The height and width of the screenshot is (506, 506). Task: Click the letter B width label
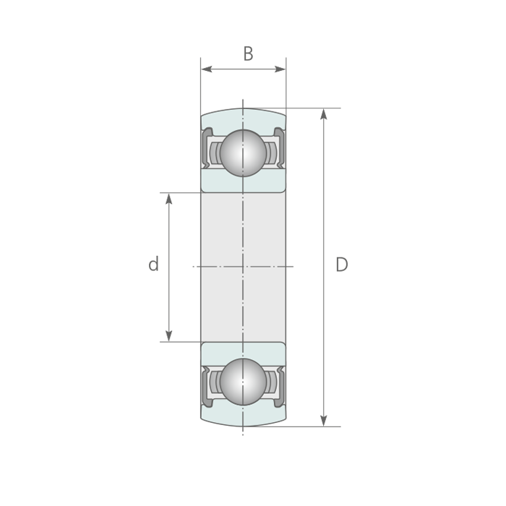(248, 54)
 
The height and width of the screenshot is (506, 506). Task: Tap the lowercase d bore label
(153, 264)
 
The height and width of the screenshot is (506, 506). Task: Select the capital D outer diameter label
(342, 265)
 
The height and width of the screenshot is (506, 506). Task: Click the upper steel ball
(244, 153)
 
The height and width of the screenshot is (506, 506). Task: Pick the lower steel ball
(244, 382)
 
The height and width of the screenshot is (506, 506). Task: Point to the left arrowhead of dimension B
(207, 69)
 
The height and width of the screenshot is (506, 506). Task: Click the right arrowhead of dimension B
(280, 69)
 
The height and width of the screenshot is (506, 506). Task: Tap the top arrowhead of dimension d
(168, 199)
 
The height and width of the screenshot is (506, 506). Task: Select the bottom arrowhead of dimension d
(168, 335)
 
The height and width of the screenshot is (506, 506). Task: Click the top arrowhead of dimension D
(324, 114)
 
